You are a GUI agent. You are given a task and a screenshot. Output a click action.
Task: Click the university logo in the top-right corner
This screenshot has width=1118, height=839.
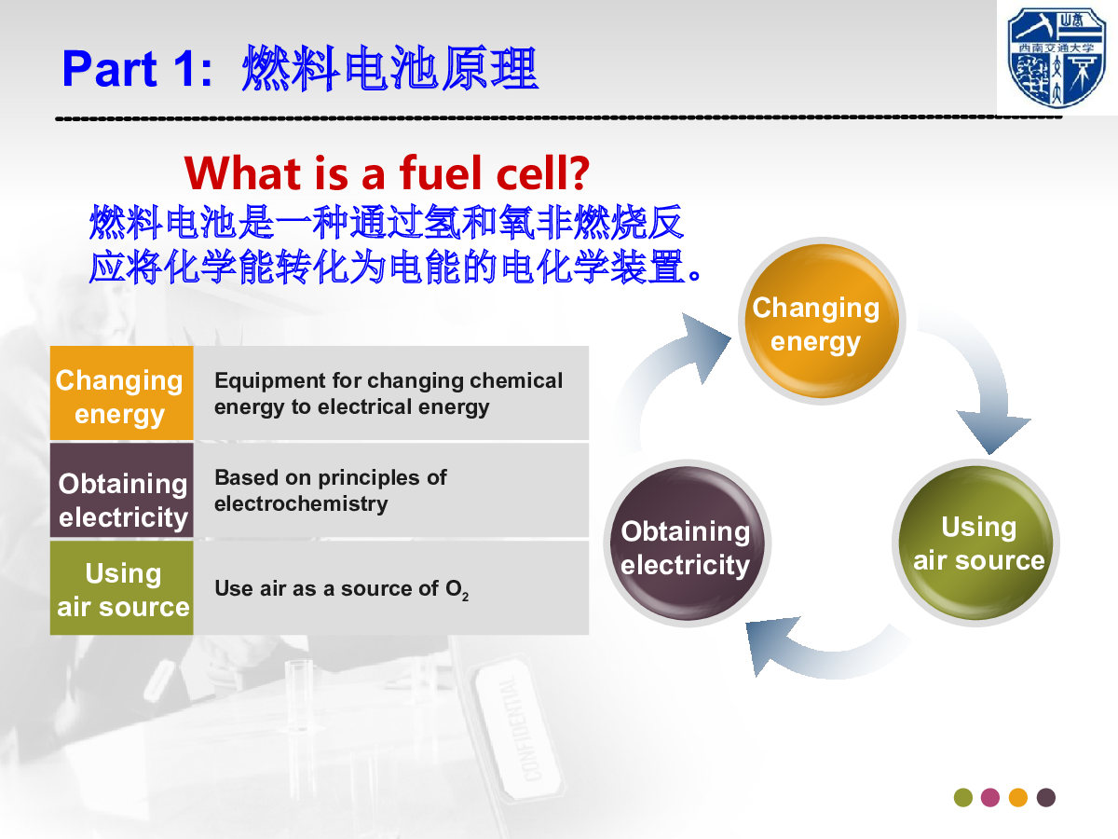[1057, 57]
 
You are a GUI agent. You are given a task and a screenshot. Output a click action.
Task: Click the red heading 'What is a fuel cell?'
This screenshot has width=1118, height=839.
[387, 173]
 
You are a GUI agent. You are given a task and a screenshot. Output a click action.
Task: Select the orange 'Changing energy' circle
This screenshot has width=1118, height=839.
[822, 321]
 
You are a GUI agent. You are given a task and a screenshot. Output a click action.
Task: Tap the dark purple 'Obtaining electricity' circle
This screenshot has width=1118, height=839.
[687, 543]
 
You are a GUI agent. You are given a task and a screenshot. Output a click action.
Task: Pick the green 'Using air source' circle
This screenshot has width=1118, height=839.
[975, 543]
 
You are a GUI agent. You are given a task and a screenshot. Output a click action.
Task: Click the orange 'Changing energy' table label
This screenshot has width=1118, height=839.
[122, 392]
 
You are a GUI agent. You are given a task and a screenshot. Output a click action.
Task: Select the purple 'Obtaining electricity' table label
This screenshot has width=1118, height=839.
[122, 490]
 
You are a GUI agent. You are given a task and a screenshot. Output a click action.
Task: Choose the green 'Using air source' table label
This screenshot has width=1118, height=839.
[122, 588]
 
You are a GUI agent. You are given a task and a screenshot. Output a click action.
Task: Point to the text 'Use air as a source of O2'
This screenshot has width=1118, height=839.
[341, 589]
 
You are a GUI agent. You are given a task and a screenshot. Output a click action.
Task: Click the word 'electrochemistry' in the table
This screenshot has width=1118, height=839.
[301, 503]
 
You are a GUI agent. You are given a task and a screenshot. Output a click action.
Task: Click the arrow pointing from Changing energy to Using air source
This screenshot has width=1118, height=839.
[986, 379]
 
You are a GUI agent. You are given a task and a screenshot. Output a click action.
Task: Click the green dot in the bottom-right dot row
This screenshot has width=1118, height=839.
[962, 797]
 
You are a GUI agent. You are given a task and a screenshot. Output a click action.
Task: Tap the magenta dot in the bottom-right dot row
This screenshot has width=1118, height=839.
[990, 797]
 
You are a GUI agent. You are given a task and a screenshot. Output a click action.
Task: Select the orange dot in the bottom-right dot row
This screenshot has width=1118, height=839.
[1018, 797]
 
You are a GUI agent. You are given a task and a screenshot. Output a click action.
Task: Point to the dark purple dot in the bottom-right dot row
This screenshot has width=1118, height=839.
[1045, 797]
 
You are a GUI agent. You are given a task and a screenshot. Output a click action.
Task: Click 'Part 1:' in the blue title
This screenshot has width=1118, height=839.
[137, 69]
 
